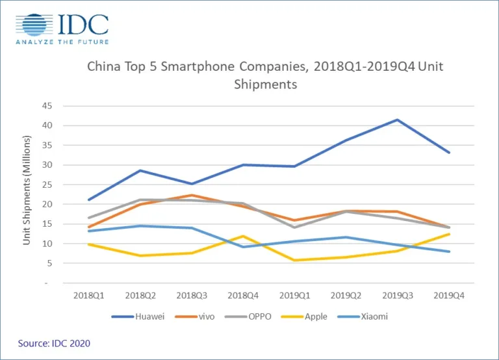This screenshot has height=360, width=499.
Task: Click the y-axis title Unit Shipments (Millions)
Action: pos(27,190)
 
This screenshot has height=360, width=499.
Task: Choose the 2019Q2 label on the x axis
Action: pos(345,295)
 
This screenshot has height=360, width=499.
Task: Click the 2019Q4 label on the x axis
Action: pos(448,295)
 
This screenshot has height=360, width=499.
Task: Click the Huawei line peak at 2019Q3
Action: pos(397,120)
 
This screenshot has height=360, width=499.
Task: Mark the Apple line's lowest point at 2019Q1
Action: pos(294,261)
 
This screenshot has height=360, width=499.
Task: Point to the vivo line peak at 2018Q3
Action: pos(190,195)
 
